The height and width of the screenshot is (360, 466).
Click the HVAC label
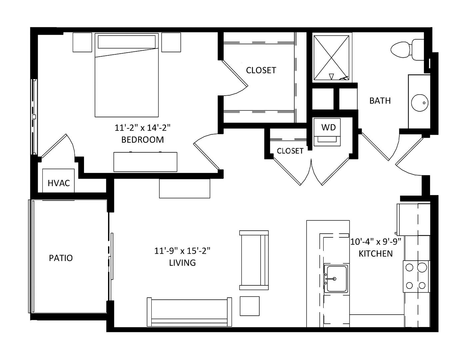point(59,183)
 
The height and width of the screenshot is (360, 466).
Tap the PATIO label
point(61,258)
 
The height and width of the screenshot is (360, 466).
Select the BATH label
point(380,101)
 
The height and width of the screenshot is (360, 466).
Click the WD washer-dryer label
point(328,127)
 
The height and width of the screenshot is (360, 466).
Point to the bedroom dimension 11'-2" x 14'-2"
point(142,128)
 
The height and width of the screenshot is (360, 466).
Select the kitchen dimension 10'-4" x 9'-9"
point(376,242)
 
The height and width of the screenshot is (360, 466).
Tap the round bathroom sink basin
point(420,103)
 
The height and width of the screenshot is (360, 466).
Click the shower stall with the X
point(332,58)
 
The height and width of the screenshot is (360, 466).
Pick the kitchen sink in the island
point(336,279)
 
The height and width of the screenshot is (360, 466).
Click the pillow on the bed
point(127,42)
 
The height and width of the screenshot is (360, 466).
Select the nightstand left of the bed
point(82,42)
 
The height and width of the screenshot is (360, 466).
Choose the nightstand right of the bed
point(171,42)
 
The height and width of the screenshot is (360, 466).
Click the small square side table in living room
point(250,306)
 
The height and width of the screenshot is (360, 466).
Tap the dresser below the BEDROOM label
point(145,162)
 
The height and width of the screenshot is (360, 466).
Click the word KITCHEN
point(376,254)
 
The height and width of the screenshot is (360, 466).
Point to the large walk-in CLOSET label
point(261,70)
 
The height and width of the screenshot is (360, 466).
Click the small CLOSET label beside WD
point(290,151)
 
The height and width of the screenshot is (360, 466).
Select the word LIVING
point(182,263)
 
